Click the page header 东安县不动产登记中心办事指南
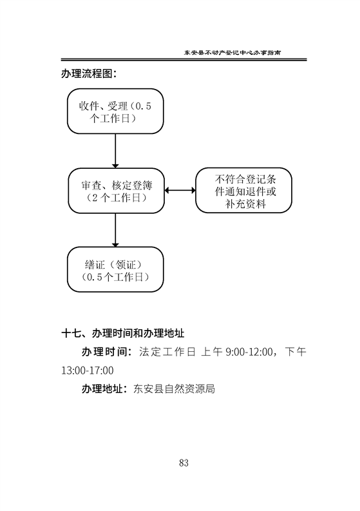232,52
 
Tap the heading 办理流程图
89,73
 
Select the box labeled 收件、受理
115,111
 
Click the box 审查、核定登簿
117,191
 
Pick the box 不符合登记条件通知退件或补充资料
243,190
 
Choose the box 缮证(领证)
115,269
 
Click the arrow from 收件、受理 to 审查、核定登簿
115,151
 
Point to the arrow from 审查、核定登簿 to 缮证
115,230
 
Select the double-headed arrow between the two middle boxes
180,190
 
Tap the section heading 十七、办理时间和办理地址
123,333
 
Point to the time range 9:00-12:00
249,352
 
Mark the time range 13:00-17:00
88,371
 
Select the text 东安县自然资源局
174,389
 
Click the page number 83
184,463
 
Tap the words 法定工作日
167,352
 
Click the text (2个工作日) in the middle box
117,197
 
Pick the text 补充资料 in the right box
245,204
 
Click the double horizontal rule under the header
184,60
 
